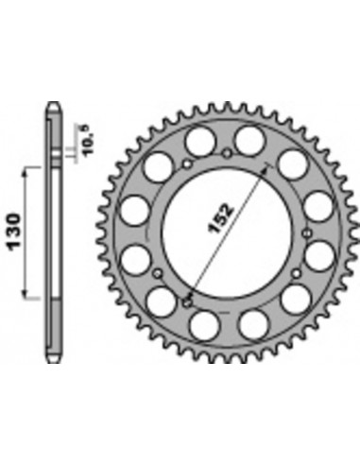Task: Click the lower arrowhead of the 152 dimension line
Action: [x=189, y=301]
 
